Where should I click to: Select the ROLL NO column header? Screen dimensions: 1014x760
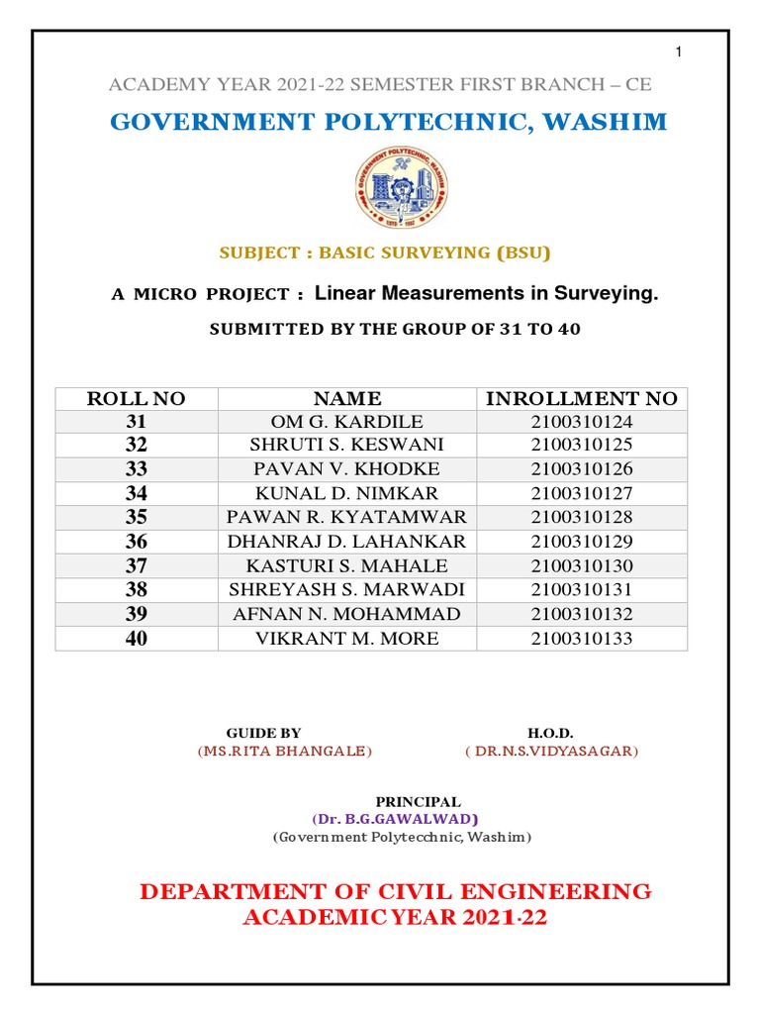click(136, 399)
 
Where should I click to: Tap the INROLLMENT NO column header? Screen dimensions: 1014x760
click(581, 399)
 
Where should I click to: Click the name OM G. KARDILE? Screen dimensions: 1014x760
click(346, 421)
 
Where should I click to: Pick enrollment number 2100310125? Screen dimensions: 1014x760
click(581, 445)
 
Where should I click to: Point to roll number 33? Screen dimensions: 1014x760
click(136, 469)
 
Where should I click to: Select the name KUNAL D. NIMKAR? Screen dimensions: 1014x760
click(346, 493)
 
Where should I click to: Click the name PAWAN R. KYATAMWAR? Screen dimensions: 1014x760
click(346, 517)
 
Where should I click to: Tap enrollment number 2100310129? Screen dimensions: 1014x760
click(581, 542)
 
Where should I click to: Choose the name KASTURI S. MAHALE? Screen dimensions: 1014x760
click(346, 565)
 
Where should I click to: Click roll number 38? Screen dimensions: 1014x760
click(136, 590)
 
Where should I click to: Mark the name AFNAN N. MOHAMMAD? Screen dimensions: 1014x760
click(346, 614)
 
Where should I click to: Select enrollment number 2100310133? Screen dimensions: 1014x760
click(581, 639)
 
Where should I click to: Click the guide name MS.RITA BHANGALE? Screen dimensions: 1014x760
click(285, 752)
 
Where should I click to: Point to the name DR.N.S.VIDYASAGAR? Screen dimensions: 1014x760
click(552, 752)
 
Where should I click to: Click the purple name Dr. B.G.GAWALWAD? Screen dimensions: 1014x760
click(395, 819)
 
